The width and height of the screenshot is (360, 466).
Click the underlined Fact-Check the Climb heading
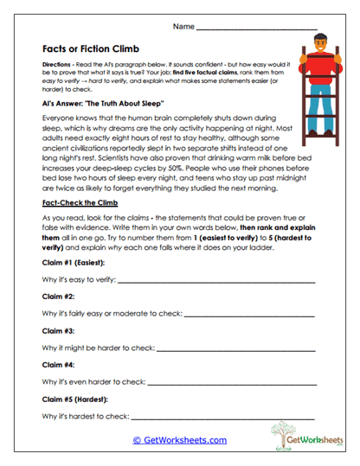(82, 201)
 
